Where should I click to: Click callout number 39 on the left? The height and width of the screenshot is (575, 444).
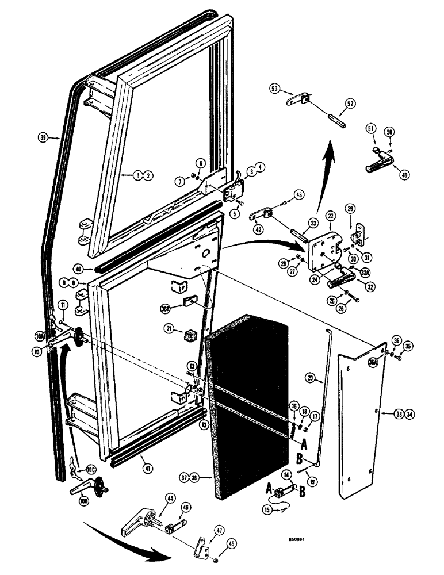pos(42,137)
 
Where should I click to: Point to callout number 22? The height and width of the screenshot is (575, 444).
pos(330,215)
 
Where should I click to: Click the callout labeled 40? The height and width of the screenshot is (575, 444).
pos(79,268)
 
